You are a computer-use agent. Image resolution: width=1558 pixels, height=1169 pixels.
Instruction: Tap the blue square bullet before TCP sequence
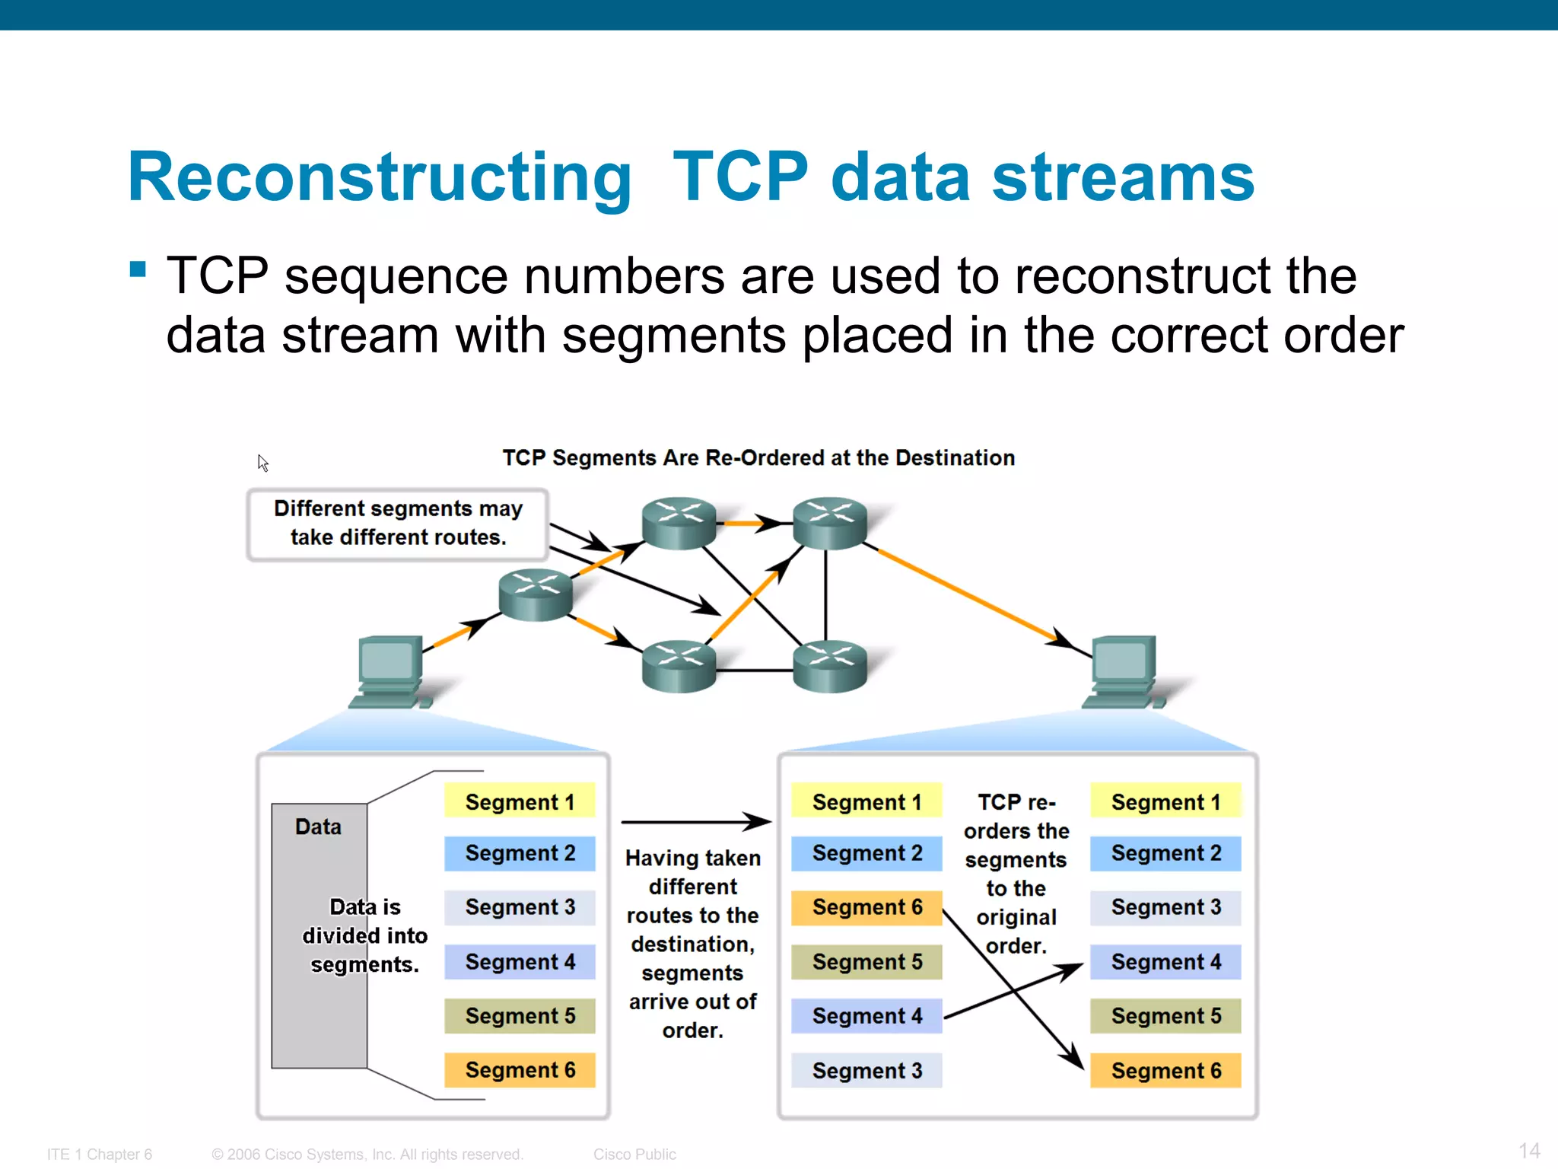(x=138, y=269)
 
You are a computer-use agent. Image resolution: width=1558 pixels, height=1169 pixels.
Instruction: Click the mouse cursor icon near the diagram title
(x=262, y=463)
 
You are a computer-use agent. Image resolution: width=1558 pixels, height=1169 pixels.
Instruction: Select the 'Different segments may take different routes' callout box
(x=398, y=524)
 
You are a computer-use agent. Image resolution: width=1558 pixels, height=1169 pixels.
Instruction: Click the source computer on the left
(x=390, y=671)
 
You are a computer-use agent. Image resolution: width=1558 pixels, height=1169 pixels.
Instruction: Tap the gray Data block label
(x=318, y=827)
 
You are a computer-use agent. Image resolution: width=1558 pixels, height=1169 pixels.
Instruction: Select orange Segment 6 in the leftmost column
(x=520, y=1069)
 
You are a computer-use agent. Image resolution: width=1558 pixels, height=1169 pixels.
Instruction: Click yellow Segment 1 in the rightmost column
(x=1165, y=801)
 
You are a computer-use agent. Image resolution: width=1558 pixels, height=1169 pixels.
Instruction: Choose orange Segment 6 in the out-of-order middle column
(x=866, y=907)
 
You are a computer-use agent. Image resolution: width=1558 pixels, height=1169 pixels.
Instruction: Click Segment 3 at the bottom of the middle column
(x=866, y=1070)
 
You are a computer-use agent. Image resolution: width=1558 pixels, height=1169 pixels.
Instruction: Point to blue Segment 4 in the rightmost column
(x=1165, y=961)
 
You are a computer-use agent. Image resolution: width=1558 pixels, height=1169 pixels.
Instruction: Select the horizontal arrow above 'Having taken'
(x=695, y=822)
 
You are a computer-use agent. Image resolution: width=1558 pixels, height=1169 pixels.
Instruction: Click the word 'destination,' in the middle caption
(x=692, y=944)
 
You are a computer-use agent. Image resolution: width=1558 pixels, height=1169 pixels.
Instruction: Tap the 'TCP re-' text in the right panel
(x=1016, y=802)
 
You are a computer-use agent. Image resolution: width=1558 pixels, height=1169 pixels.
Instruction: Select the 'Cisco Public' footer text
(x=634, y=1154)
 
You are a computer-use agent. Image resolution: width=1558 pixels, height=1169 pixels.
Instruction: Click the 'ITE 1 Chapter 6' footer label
(x=100, y=1154)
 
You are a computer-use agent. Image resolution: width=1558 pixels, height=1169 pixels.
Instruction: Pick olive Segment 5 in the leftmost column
(x=520, y=1015)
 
